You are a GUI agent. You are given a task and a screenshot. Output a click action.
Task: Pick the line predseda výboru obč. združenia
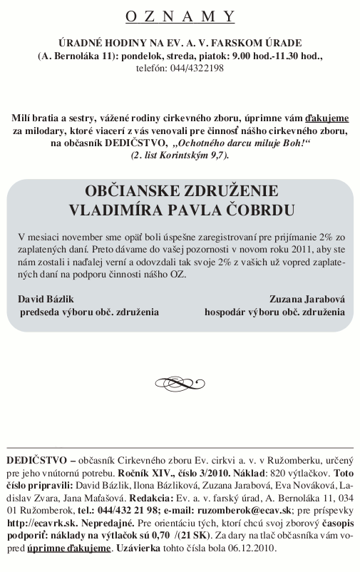tap(88, 312)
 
